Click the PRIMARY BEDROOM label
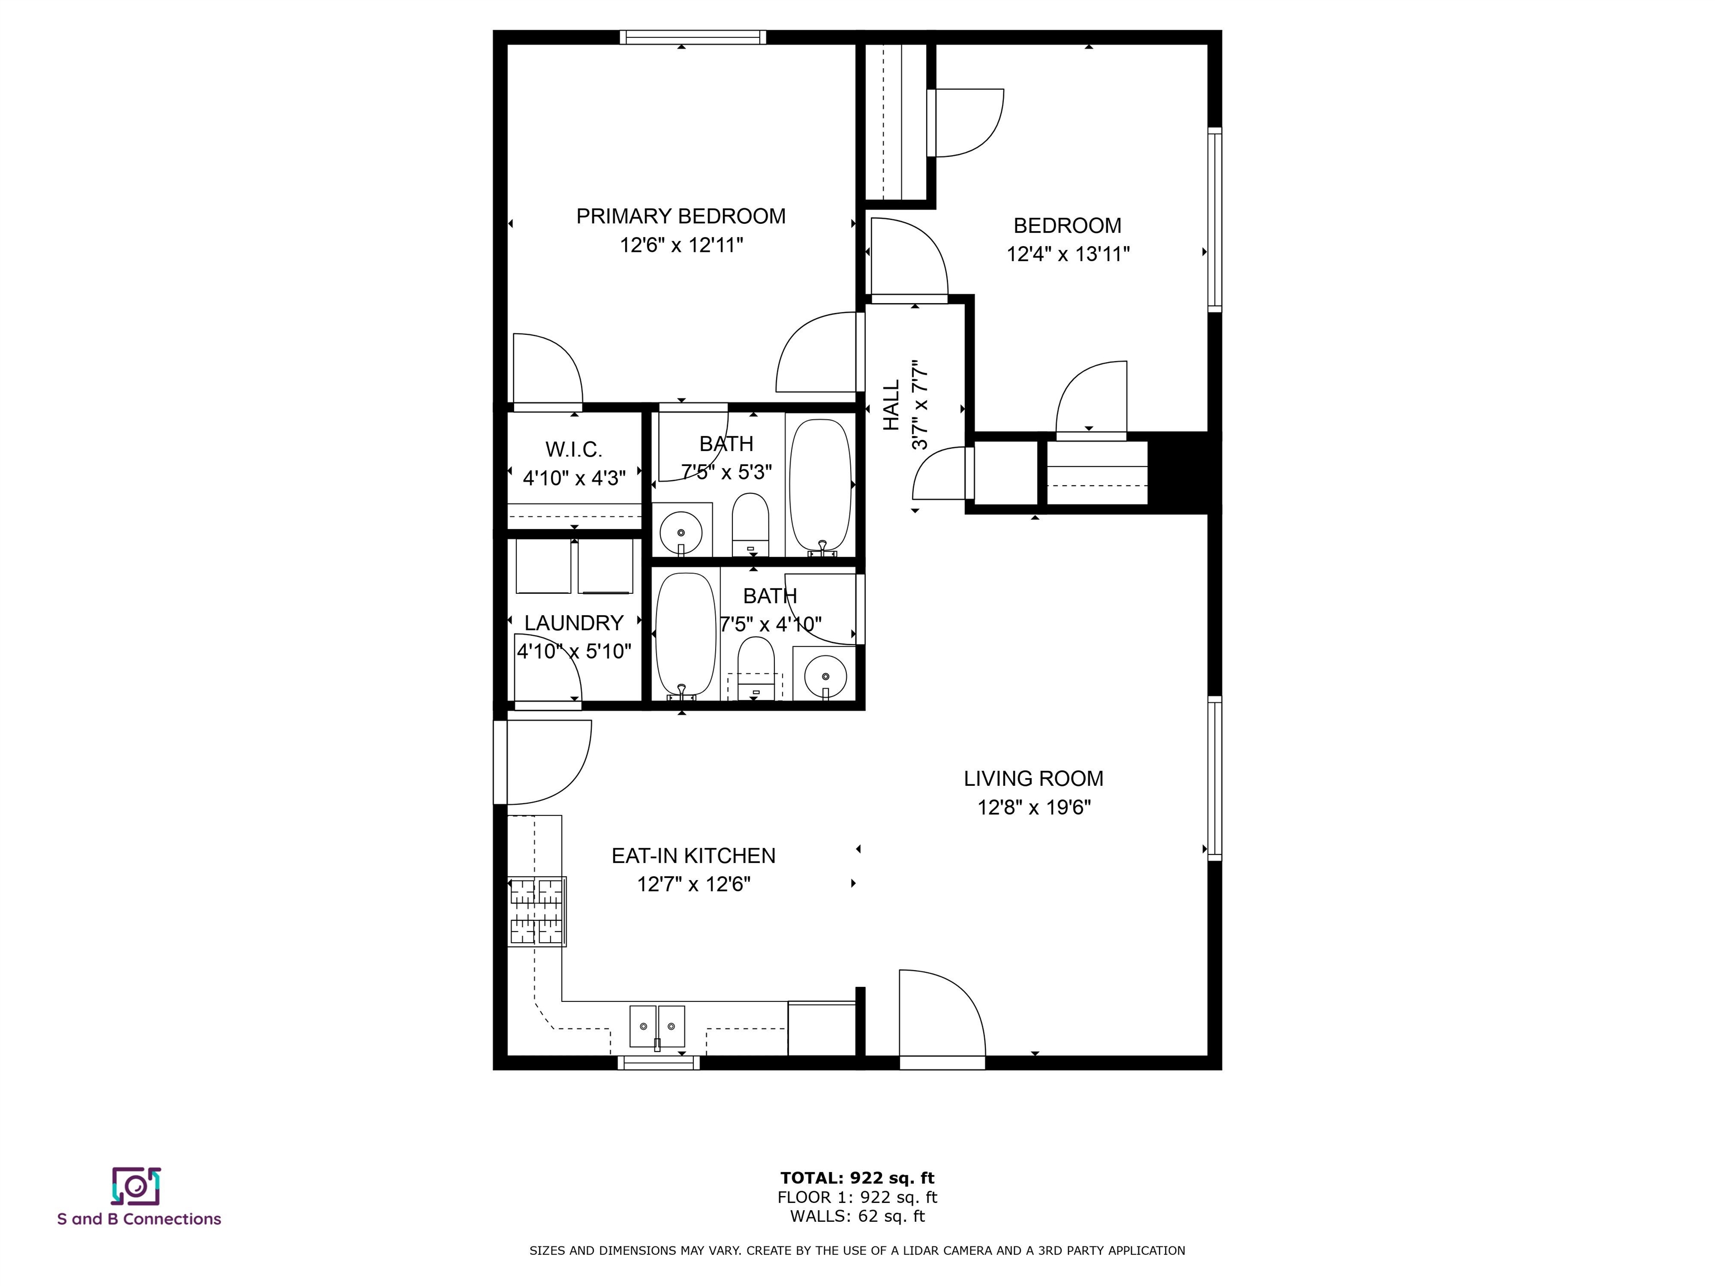click(681, 216)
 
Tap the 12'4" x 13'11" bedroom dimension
click(1067, 255)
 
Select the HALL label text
click(892, 405)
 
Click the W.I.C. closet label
click(574, 449)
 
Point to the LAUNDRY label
click(574, 623)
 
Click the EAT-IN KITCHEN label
click(693, 856)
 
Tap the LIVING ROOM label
click(1033, 778)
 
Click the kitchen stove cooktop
click(536, 911)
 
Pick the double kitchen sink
click(657, 1026)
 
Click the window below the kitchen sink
click(658, 1063)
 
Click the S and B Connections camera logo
click(136, 1186)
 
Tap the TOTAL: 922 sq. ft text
click(857, 1178)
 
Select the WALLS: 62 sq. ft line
click(857, 1216)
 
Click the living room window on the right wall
click(1215, 778)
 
